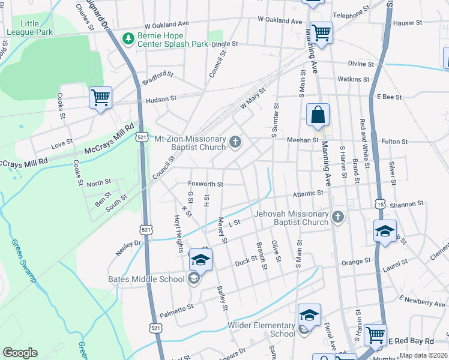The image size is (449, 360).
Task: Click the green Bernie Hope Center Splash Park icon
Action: tap(128, 39)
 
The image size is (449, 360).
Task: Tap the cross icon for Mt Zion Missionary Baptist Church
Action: tap(235, 143)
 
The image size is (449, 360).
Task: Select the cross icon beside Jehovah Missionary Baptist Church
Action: tap(338, 217)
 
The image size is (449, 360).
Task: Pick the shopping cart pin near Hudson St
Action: tap(100, 98)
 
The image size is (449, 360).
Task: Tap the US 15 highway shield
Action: tap(381, 205)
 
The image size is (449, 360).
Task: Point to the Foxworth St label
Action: tap(206, 184)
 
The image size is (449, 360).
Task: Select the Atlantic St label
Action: tap(309, 193)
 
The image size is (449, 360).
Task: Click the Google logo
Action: tap(20, 353)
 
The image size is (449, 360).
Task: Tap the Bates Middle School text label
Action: tap(146, 279)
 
